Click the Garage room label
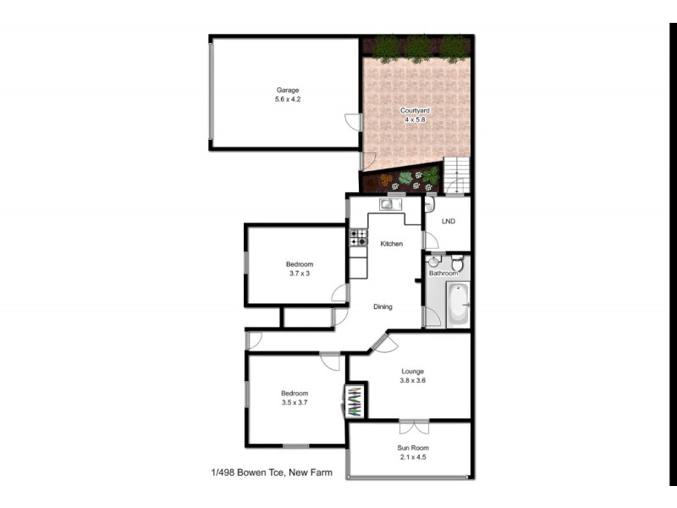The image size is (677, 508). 288,90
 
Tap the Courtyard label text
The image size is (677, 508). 414,111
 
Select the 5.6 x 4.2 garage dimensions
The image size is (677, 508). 288,100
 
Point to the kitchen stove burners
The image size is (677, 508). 358,238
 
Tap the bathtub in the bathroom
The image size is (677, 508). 456,305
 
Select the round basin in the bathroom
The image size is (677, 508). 434,262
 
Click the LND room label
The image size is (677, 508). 449,222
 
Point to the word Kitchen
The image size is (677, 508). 391,244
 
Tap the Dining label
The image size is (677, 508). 383,306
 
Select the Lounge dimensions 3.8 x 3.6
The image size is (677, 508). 412,381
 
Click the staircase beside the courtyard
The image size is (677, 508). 456,174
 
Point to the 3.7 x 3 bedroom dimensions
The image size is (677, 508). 299,273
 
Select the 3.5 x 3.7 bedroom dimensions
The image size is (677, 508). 294,403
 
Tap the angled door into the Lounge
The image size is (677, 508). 382,343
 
